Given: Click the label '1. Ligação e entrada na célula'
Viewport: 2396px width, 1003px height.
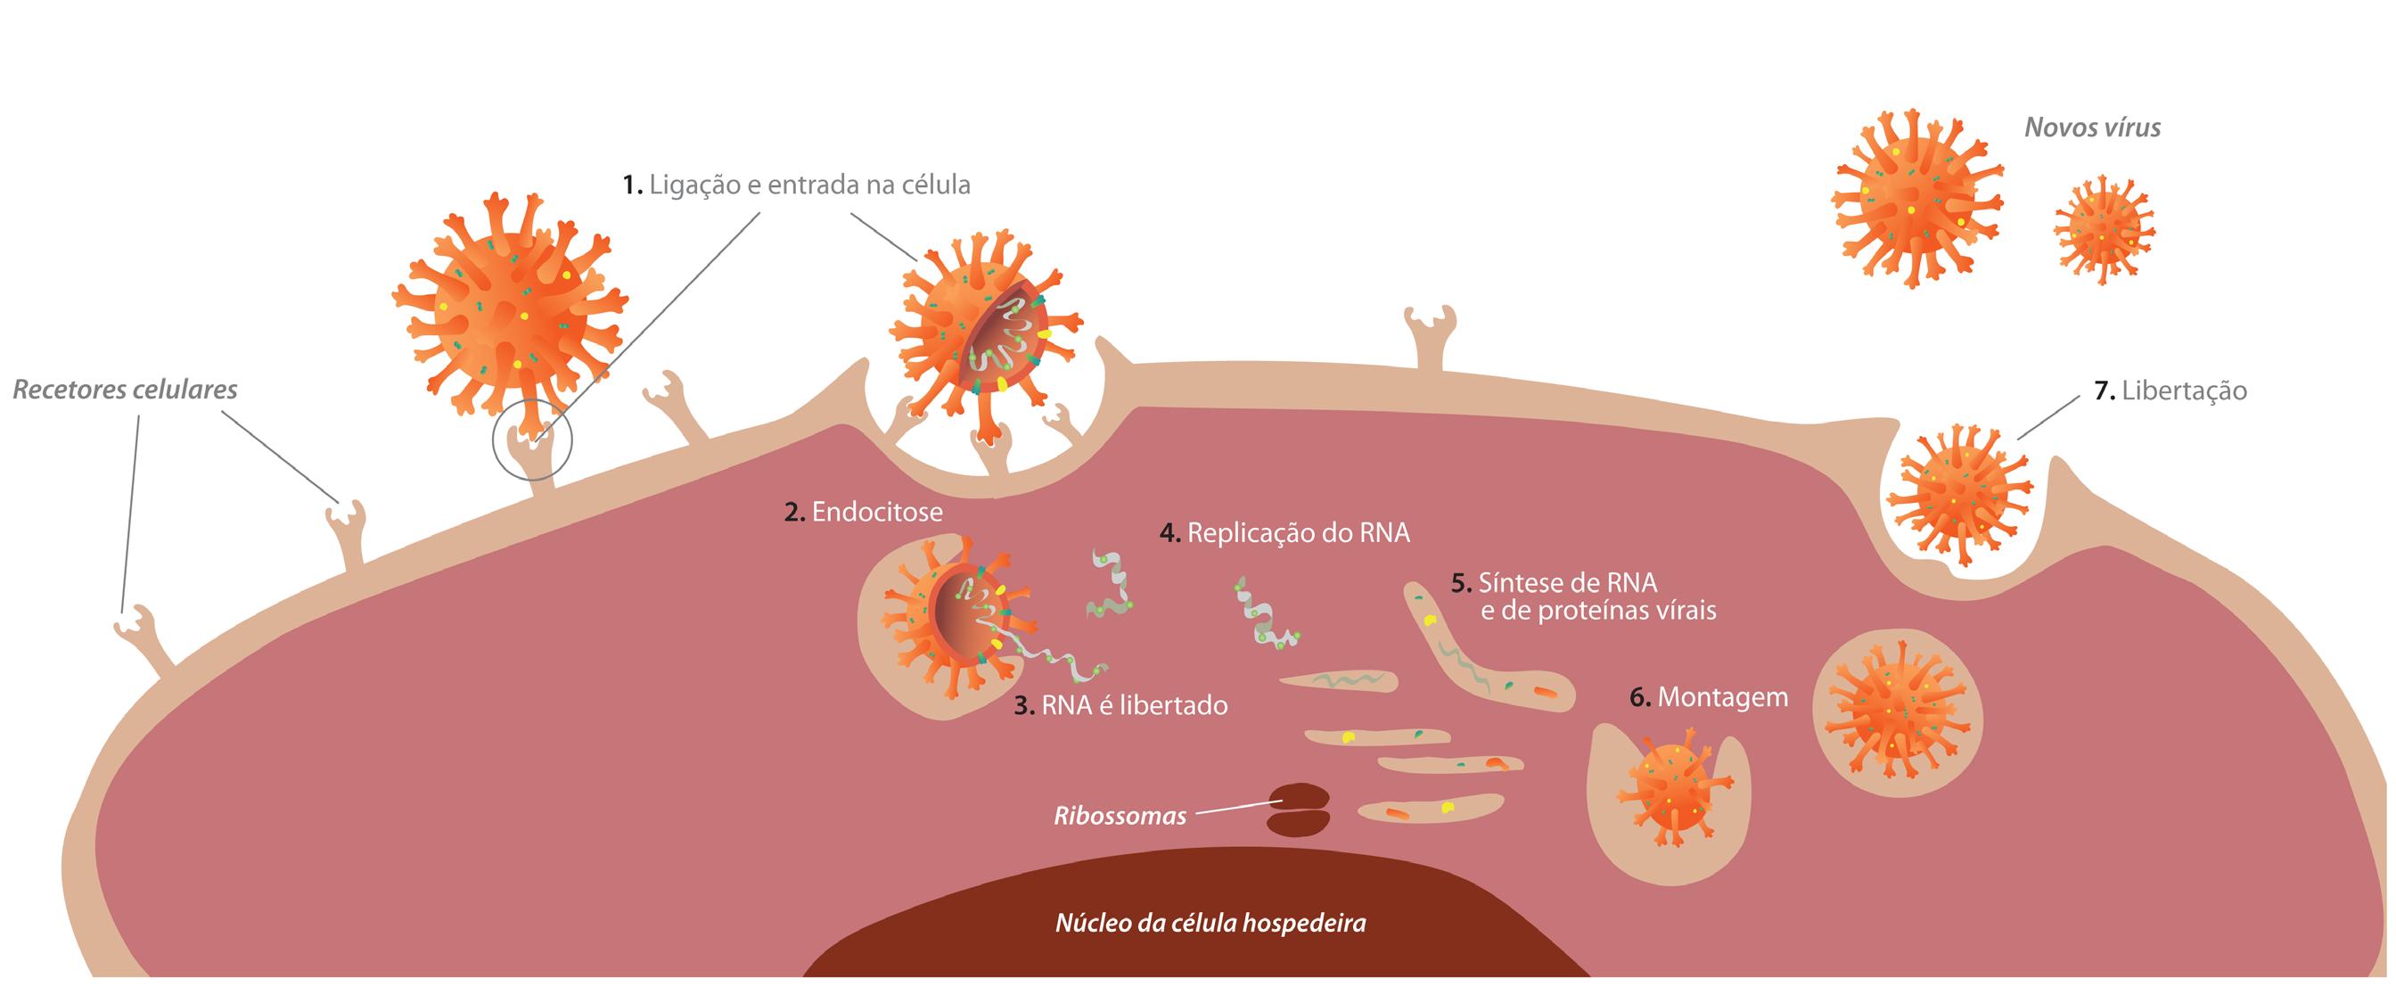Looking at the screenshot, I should (x=796, y=185).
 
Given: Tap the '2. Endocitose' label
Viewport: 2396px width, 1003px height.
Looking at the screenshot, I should (x=863, y=512).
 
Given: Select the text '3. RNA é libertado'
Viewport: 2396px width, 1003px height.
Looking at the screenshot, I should (x=1120, y=705).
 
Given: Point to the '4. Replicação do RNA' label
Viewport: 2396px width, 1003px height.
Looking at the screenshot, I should (x=1284, y=533).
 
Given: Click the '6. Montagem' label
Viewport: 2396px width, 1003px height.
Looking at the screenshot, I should (x=1709, y=697).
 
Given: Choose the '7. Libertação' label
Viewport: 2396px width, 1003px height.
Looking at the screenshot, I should (x=2170, y=391).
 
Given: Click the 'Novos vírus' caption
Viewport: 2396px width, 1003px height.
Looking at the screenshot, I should (x=2092, y=127).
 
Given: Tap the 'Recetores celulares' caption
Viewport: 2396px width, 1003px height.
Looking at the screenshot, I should (x=125, y=389).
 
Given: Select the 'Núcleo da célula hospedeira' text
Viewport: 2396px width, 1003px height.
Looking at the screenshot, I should (x=1210, y=924).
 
